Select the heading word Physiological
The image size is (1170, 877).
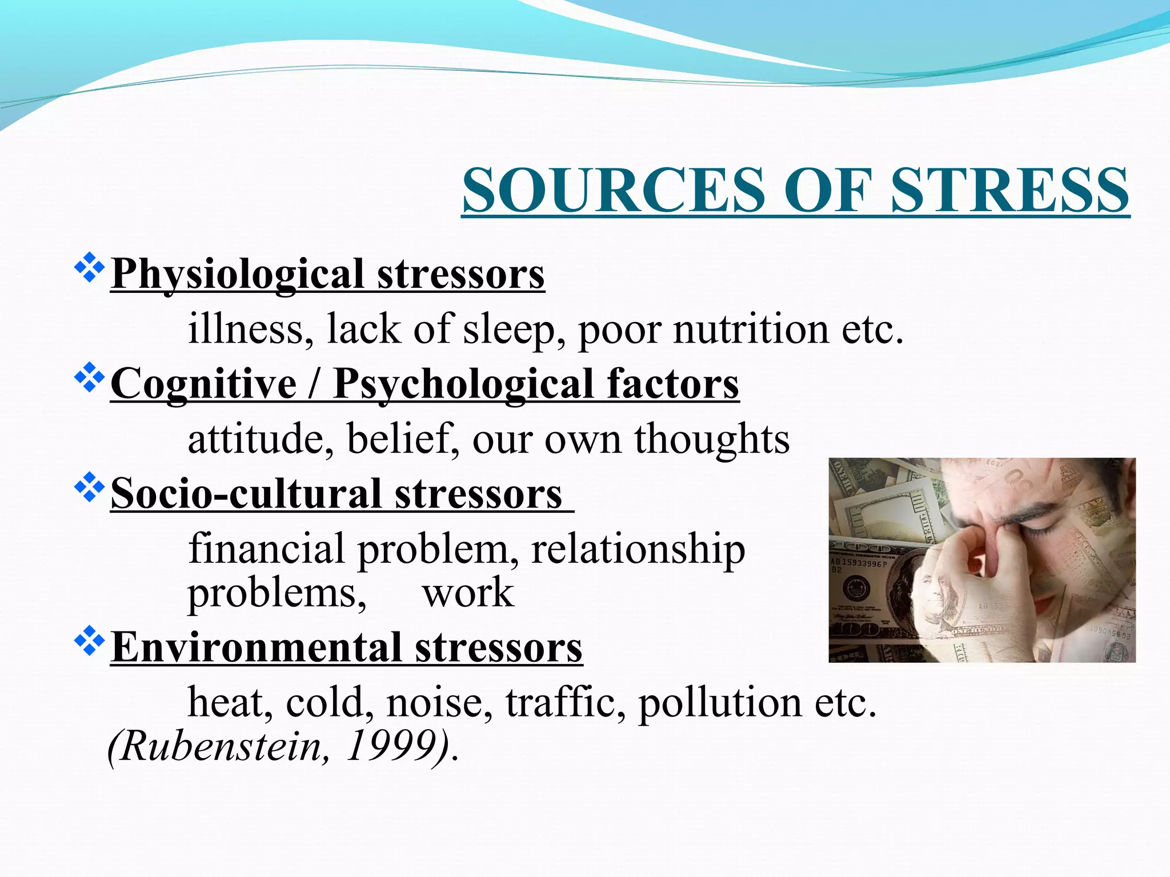pyautogui.click(x=237, y=275)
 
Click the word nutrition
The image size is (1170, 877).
pyautogui.click(x=751, y=330)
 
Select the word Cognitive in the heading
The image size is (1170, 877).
pyautogui.click(x=203, y=384)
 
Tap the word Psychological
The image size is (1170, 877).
pyautogui.click(x=463, y=384)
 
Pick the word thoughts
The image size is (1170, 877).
pyautogui.click(x=712, y=440)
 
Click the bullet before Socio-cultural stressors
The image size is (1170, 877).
pyautogui.click(x=90, y=488)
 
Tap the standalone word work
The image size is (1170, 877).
pyautogui.click(x=468, y=593)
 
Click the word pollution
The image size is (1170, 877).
pyautogui.click(x=720, y=702)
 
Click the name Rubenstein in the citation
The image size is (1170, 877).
pyautogui.click(x=221, y=746)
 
